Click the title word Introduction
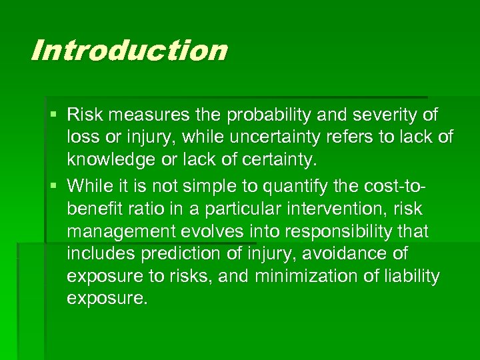129,51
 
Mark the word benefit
94,208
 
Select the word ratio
147,208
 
